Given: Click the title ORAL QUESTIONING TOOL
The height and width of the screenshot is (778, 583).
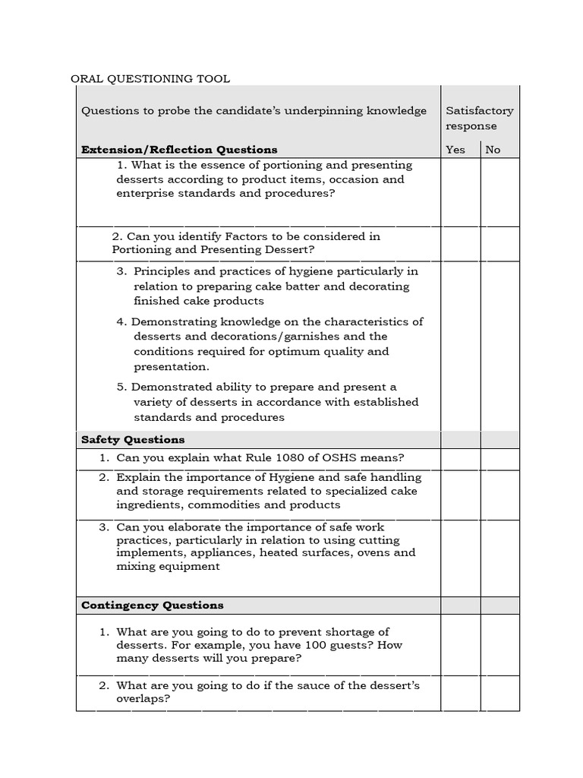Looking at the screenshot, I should coord(150,78).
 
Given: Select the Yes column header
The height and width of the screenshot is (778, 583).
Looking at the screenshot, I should coord(455,150).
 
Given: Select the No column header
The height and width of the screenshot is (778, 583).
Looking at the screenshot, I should coord(493,150).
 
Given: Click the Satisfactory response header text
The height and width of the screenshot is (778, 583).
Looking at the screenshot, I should coord(479,118).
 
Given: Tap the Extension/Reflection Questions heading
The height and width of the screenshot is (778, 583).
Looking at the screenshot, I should coord(179,150).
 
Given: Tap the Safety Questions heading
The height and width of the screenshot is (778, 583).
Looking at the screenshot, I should coord(133,440).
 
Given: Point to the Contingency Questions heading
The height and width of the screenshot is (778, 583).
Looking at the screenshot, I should coord(152,606).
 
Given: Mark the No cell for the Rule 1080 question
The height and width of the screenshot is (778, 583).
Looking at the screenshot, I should coord(499,459).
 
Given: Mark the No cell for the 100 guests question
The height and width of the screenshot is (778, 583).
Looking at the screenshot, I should coord(499,645).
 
